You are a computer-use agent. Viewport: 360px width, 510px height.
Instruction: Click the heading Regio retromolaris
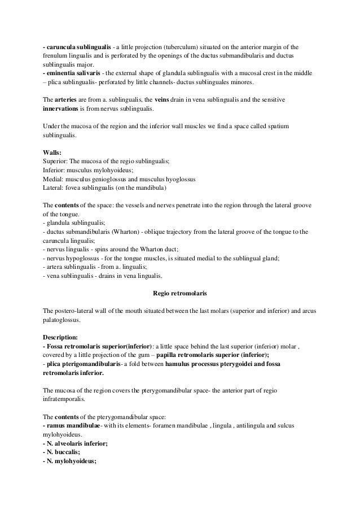180,293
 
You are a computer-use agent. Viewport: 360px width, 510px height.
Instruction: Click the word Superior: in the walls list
56,161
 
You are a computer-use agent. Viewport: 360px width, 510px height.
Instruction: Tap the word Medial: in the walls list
55,179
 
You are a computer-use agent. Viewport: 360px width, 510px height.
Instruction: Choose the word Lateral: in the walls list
55,188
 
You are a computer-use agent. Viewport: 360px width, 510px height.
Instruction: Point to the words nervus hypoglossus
73,258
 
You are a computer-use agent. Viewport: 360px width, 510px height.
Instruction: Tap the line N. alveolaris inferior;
75,444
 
